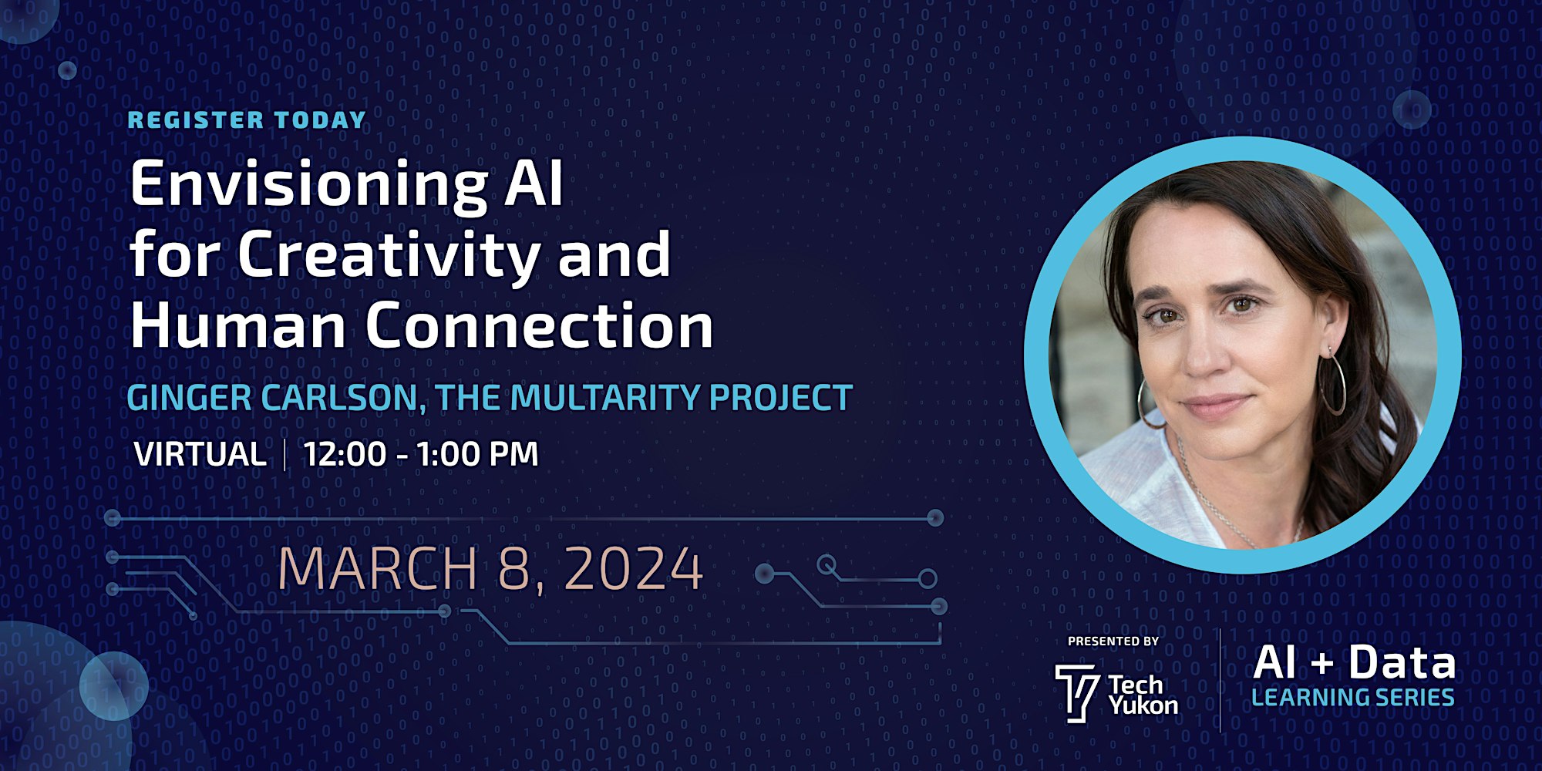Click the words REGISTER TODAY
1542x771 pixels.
(247, 120)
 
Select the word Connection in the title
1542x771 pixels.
(539, 325)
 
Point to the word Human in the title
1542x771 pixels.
(237, 325)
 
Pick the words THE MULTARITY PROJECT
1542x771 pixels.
(644, 398)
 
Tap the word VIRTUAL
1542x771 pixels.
(200, 454)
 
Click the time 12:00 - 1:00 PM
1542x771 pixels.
(421, 454)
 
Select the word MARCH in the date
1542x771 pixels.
(378, 569)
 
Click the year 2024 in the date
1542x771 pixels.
(634, 569)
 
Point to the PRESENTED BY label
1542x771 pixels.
(1113, 641)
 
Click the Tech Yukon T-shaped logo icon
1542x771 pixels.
(1076, 693)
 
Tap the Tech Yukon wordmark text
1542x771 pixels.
(1143, 695)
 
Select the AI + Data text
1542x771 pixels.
(1355, 662)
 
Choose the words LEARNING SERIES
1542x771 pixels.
(1353, 698)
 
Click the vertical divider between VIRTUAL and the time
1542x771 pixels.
(285, 454)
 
